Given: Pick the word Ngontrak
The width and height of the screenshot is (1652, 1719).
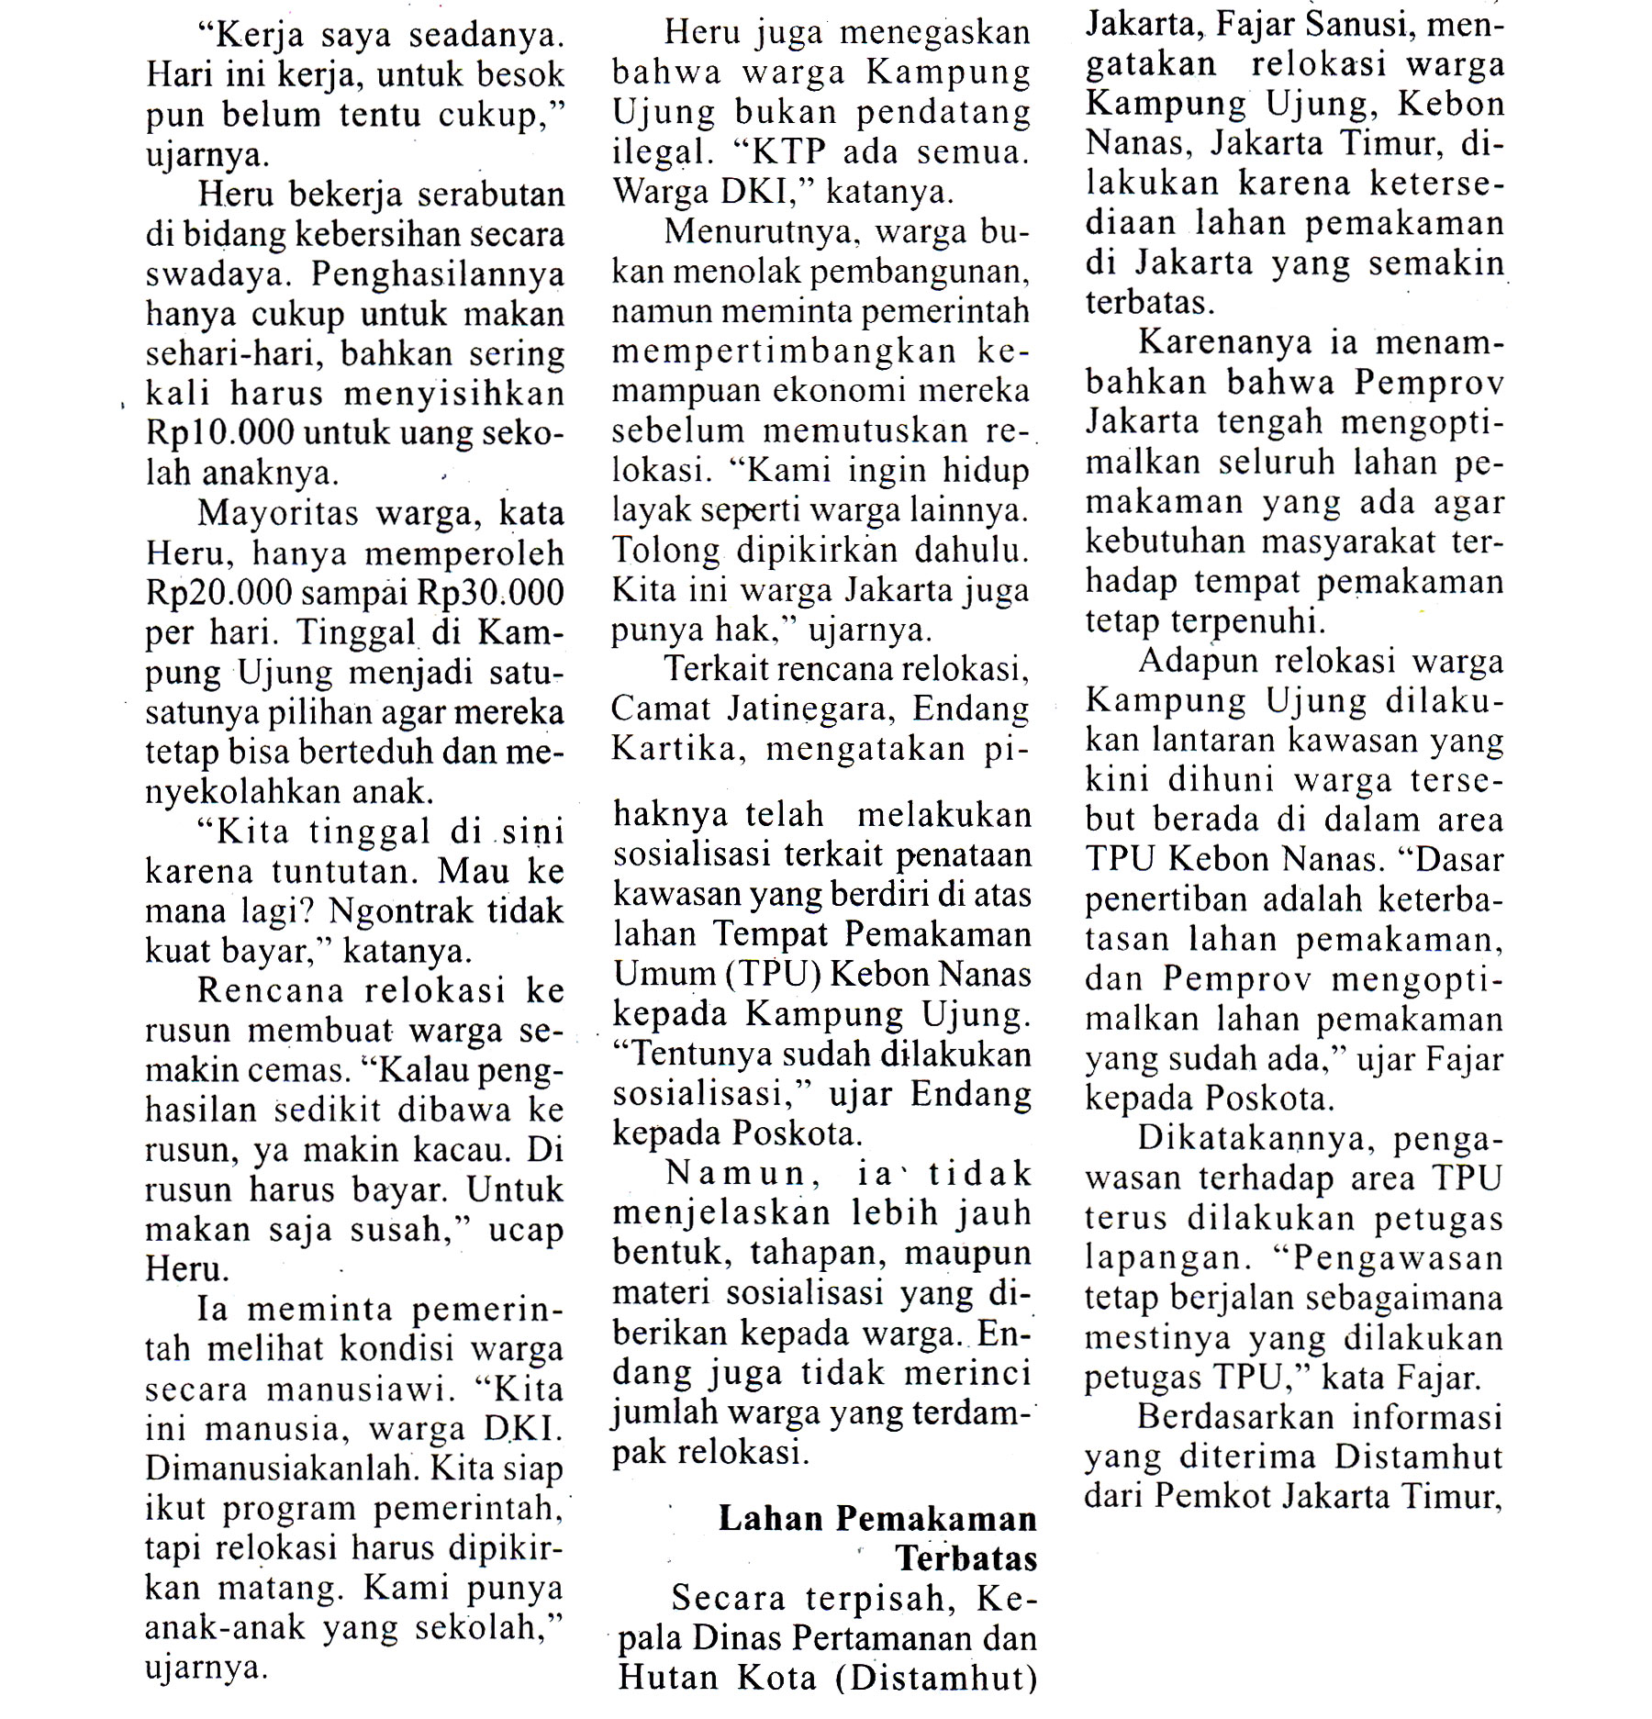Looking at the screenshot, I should pyautogui.click(x=402, y=910).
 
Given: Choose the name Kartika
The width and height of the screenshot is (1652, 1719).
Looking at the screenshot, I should pyautogui.click(x=674, y=749).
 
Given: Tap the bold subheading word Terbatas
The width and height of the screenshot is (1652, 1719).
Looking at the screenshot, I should pyautogui.click(x=966, y=1558).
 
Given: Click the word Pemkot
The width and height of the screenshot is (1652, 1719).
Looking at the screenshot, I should pyautogui.click(x=1211, y=1496).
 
